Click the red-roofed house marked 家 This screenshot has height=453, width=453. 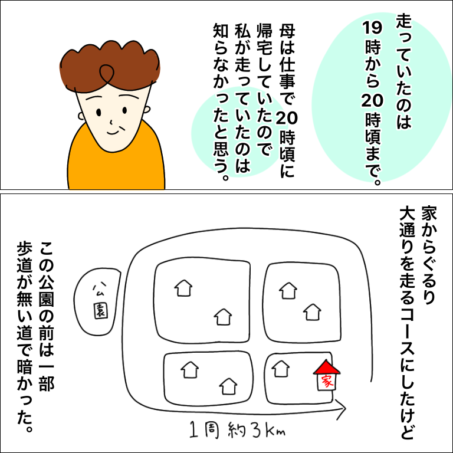[x=326, y=375]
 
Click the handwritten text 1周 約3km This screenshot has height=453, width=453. [x=237, y=429]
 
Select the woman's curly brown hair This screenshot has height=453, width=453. [x=109, y=66]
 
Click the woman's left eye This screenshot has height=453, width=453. [x=99, y=112]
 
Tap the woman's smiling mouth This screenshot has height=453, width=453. [x=113, y=133]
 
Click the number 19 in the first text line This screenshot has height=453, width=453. [x=372, y=28]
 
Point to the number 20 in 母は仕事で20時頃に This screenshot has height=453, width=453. [x=286, y=118]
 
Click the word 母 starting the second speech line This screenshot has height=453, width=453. [x=287, y=31]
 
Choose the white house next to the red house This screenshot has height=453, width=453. [x=281, y=369]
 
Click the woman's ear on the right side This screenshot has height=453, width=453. [x=147, y=110]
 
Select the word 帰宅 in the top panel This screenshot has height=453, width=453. [x=264, y=40]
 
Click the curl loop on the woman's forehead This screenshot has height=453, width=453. [x=106, y=73]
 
